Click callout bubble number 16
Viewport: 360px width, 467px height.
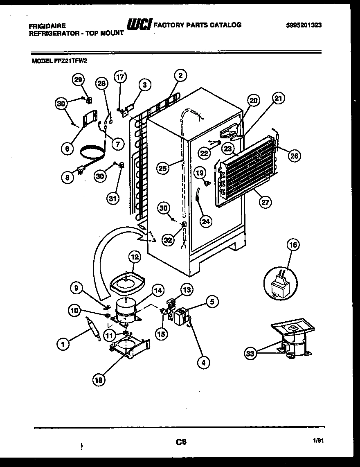coord(293,245)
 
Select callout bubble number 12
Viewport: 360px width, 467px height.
coord(134,257)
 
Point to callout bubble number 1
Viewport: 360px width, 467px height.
coord(62,345)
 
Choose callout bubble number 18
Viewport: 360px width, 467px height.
coord(98,380)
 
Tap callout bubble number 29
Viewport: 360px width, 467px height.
coord(79,80)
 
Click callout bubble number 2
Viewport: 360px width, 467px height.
coord(180,75)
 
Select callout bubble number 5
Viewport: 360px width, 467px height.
coord(211,302)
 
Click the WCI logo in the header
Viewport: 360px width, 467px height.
coord(139,25)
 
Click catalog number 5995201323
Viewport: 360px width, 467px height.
coord(304,25)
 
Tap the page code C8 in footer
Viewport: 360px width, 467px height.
coord(181,442)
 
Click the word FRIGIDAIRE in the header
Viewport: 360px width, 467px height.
coord(47,25)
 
